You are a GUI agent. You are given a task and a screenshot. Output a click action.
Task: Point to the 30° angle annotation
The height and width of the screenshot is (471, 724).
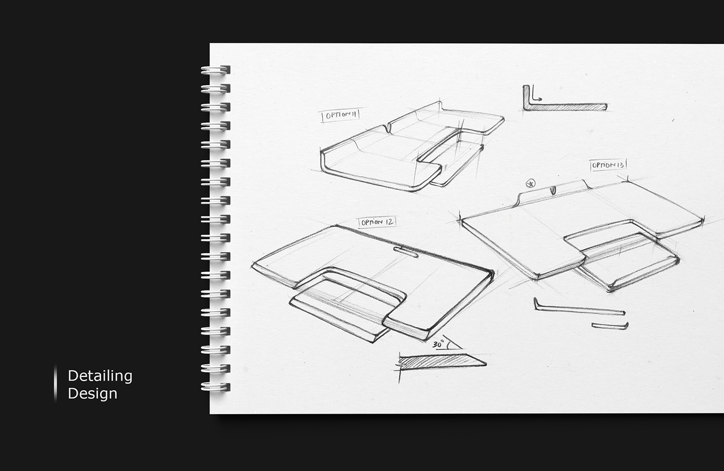440,344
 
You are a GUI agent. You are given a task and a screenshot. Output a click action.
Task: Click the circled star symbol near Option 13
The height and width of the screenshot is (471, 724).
530,183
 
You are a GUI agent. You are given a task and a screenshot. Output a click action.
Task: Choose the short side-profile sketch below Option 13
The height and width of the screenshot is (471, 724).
610,326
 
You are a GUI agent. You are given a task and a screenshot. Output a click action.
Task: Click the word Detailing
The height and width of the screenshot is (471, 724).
100,376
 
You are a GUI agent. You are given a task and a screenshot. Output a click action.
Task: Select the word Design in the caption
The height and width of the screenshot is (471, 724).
93,393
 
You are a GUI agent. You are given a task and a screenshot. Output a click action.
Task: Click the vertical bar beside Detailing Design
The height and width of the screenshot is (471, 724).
55,383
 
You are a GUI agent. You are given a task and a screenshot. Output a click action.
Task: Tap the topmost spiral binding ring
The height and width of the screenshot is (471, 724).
216,70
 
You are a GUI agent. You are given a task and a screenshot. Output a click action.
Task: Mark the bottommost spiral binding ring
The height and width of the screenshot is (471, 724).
216,387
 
